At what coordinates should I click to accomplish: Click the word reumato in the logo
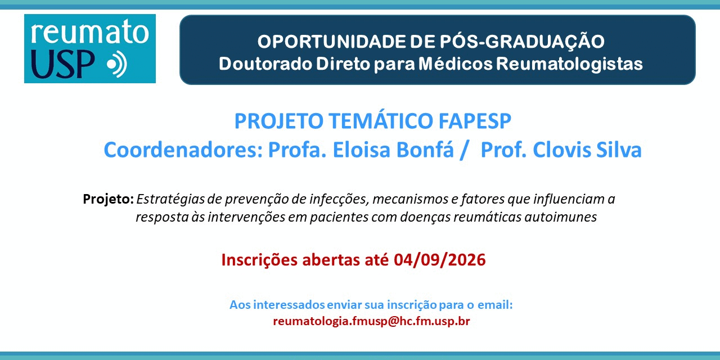click(89, 31)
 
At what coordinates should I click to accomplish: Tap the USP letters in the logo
click(62, 64)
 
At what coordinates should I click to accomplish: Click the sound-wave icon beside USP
click(118, 64)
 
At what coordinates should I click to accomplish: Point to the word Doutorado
click(265, 64)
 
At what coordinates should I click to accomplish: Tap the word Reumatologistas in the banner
click(569, 64)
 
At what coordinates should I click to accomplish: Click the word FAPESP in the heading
click(475, 121)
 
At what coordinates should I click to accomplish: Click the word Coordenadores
click(183, 150)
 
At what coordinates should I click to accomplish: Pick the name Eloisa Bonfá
click(393, 150)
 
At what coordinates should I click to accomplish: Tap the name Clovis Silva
click(587, 150)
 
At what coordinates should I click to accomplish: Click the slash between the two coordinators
click(464, 150)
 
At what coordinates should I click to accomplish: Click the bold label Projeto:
click(109, 199)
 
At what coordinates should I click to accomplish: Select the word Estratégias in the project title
click(170, 199)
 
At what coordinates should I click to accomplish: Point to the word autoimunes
click(561, 217)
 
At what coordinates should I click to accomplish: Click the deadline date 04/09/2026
click(440, 260)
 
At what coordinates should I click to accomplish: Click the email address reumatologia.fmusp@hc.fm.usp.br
click(371, 321)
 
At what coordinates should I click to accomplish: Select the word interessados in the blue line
click(289, 305)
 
